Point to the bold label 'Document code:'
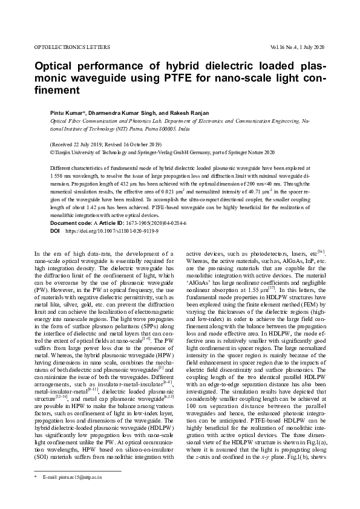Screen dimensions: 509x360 point(71,223)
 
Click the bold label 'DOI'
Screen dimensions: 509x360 point(54,231)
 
